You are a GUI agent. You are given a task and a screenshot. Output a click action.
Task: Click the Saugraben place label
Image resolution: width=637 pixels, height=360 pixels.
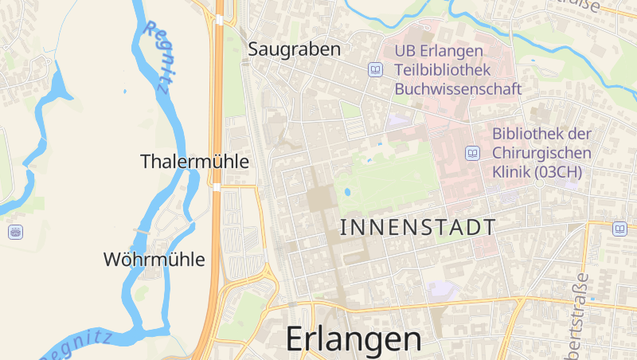(x=295, y=49)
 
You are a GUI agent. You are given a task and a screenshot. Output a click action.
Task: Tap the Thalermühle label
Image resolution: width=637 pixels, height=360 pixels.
(x=194, y=162)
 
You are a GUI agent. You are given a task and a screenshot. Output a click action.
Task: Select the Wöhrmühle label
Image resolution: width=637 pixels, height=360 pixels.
(x=154, y=260)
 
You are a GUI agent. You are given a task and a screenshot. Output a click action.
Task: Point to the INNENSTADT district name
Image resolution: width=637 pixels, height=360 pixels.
(x=417, y=227)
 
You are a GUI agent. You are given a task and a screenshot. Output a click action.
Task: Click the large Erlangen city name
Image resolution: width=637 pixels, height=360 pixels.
(x=354, y=339)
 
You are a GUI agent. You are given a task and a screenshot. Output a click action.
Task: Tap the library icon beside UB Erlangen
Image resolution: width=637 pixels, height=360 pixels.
(x=376, y=70)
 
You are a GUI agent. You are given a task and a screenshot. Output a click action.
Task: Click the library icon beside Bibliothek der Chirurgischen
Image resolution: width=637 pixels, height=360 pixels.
(x=473, y=152)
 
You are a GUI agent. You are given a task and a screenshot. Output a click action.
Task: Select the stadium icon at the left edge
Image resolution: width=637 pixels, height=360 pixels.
(x=15, y=232)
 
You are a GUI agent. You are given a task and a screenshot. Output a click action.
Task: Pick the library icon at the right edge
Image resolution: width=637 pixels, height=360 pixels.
(x=619, y=229)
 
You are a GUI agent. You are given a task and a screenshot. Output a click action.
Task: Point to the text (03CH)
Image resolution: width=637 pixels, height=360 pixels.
(x=558, y=171)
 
